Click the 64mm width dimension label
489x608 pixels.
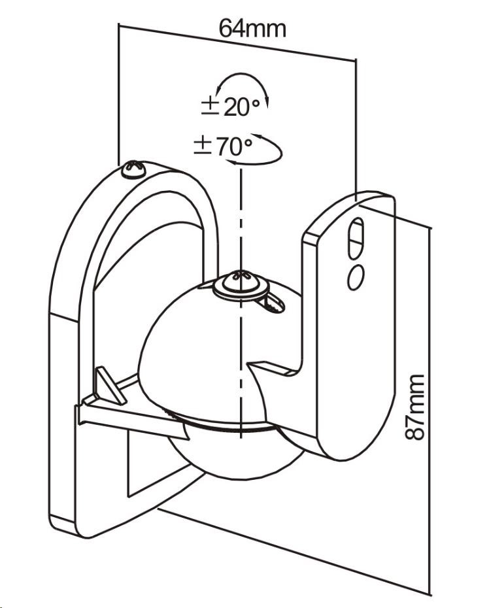(x=252, y=28)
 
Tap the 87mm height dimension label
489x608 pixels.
(x=414, y=407)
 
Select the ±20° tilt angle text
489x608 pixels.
(x=230, y=107)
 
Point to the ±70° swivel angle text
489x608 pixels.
(x=222, y=146)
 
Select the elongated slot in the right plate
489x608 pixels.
(x=356, y=237)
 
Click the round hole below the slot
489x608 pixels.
(x=356, y=277)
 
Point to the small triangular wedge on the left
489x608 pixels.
(x=110, y=385)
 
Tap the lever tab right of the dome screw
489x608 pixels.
(x=274, y=301)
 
